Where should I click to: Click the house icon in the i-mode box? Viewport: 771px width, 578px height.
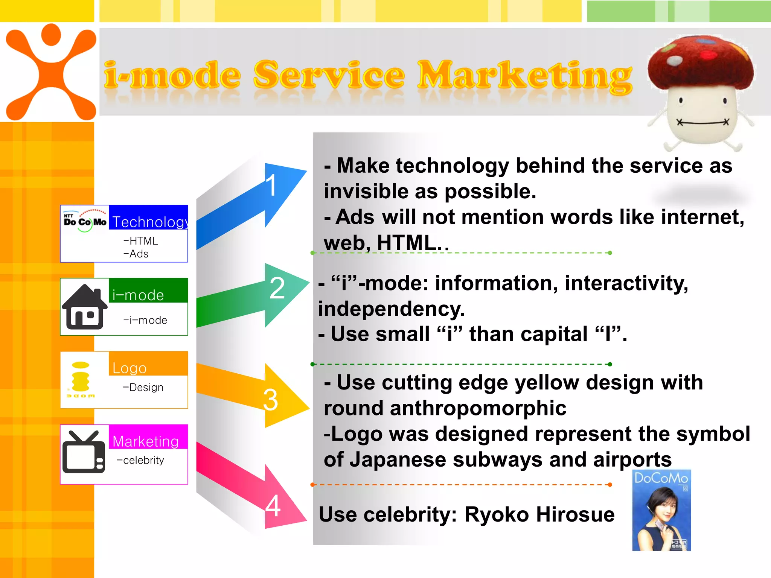pos(85,307)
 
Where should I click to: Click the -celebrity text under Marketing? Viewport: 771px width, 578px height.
pos(140,460)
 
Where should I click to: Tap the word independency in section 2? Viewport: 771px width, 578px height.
pos(391,309)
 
